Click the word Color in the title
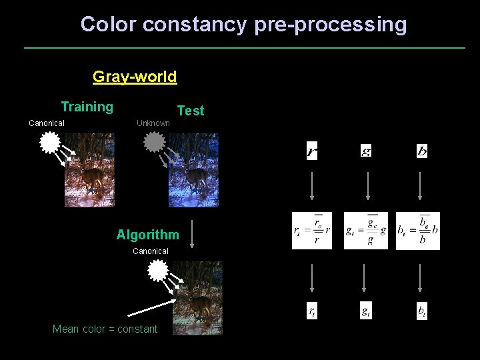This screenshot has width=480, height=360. click(109, 25)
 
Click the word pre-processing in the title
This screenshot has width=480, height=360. click(330, 25)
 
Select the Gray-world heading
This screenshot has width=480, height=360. click(135, 77)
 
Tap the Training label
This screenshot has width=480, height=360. click(87, 107)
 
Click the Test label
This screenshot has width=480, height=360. click(191, 111)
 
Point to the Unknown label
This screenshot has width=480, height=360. click(153, 123)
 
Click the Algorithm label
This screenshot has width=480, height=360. click(147, 235)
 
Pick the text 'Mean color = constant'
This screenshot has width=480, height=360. click(105, 329)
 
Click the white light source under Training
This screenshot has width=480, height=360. click(50, 142)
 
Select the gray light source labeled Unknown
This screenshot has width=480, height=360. click(154, 141)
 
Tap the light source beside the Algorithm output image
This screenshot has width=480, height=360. click(157, 270)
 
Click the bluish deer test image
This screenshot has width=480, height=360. click(193, 170)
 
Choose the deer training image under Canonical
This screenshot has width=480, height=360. click(89, 170)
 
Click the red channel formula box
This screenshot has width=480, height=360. click(312, 231)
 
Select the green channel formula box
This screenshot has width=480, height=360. click(365, 231)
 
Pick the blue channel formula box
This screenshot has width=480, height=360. click(418, 231)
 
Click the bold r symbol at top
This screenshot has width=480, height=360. click(312, 152)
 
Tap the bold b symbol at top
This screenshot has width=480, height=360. click(422, 151)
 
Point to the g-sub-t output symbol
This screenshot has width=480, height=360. click(366, 311)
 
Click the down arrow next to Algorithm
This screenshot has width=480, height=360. click(192, 234)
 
